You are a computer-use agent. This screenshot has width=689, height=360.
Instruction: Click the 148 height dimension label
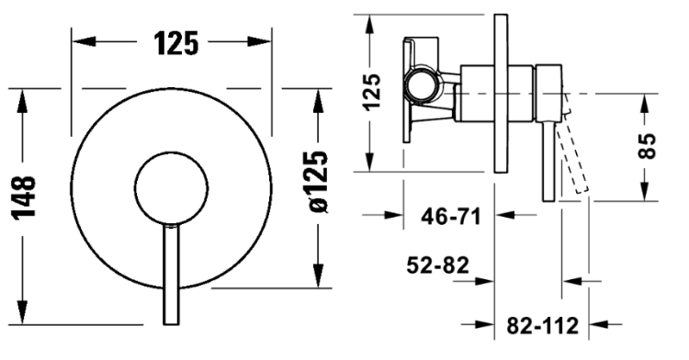pyautogui.click(x=23, y=197)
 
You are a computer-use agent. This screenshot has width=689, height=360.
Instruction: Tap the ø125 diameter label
pyautogui.click(x=318, y=182)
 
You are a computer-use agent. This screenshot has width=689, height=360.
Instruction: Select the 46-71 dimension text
pyautogui.click(x=451, y=216)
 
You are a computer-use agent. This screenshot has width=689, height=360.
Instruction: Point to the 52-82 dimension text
pyautogui.click(x=437, y=265)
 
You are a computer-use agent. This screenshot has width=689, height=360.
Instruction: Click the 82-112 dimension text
pyautogui.click(x=543, y=326)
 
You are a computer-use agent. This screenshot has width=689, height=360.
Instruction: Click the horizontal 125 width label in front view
pyautogui.click(x=176, y=43)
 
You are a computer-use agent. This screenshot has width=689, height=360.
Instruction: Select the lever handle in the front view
pyautogui.click(x=171, y=275)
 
